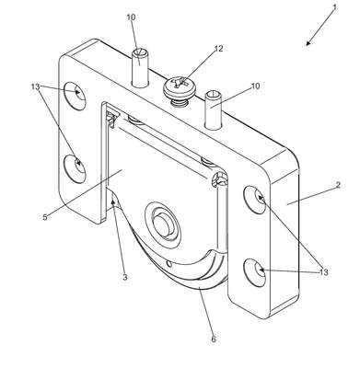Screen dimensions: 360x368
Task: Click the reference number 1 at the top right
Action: click(x=334, y=7)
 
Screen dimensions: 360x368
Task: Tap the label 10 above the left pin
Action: click(x=131, y=17)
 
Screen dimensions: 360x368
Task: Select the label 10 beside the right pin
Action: click(x=255, y=86)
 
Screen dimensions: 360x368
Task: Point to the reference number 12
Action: click(x=218, y=49)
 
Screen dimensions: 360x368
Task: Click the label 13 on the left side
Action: click(x=36, y=86)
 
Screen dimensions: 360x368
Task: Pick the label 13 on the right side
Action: click(x=324, y=272)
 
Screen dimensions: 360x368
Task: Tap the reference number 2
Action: click(x=338, y=185)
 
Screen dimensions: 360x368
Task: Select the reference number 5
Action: click(x=45, y=217)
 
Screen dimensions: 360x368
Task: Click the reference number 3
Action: click(x=124, y=277)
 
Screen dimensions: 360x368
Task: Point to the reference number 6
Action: click(x=214, y=339)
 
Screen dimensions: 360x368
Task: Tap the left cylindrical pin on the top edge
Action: click(x=140, y=68)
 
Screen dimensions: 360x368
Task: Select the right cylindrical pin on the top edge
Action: click(x=214, y=109)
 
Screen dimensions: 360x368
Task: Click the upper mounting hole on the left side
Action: click(x=75, y=96)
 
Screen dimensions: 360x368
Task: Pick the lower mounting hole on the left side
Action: click(x=75, y=167)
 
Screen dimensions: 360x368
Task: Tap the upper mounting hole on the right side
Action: click(x=255, y=200)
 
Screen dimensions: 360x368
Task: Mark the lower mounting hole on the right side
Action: click(x=255, y=272)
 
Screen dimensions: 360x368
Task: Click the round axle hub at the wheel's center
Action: click(x=162, y=224)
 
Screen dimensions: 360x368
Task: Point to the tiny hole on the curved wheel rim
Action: click(x=169, y=263)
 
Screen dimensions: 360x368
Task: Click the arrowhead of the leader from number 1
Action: click(x=308, y=43)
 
